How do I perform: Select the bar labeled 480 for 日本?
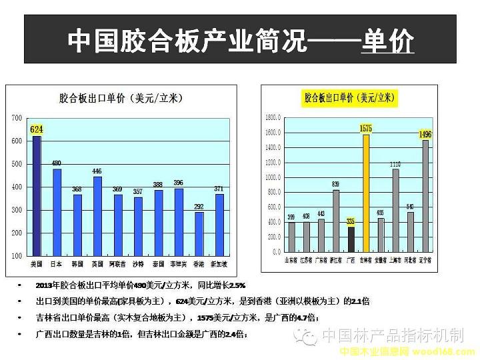(x=57, y=212)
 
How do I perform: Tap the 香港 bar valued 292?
(x=199, y=233)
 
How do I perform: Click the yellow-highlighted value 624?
(x=37, y=129)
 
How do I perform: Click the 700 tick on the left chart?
(x=17, y=118)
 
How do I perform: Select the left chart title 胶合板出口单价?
(x=120, y=98)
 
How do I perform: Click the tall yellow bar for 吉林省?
(x=365, y=193)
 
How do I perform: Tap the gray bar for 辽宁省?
(x=425, y=197)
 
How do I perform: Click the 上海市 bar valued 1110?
(x=395, y=211)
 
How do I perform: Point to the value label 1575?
(x=365, y=128)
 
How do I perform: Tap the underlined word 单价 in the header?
(x=387, y=41)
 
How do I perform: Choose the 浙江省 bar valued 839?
(x=336, y=221)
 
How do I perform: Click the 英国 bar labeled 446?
(x=97, y=216)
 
